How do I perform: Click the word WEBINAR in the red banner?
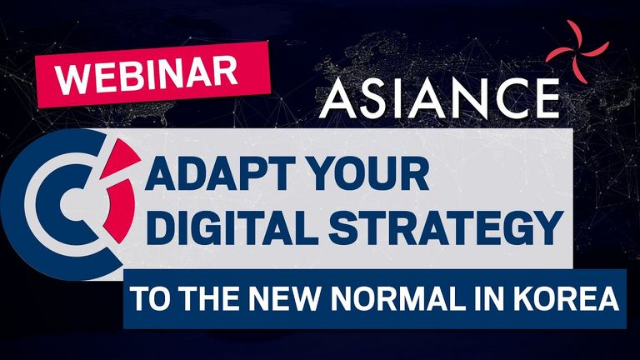(146, 75)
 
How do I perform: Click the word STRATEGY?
(446, 227)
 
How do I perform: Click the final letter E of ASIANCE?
(545, 98)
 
